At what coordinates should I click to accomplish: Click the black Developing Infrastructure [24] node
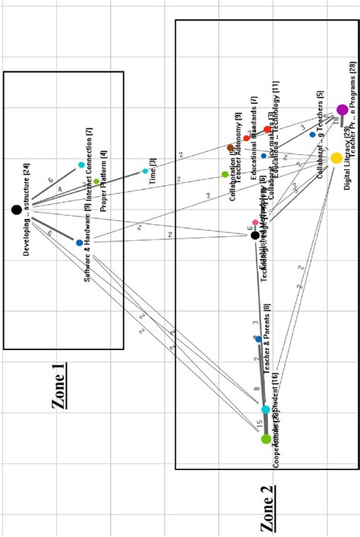[x=16, y=210]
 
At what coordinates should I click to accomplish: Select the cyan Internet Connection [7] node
[x=81, y=165]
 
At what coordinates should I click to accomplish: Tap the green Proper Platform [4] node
[x=96, y=182]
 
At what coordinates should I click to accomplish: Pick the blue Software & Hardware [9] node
[x=79, y=243]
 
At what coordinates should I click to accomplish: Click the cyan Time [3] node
[x=146, y=171]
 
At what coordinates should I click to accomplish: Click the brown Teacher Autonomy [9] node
[x=231, y=147]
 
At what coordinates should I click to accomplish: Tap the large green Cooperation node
[x=266, y=439]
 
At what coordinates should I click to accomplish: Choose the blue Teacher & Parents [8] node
[x=258, y=339]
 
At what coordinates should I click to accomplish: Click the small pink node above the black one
[x=255, y=223]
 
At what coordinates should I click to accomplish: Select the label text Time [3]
[x=153, y=173]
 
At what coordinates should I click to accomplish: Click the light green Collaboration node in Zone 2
[x=225, y=174]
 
